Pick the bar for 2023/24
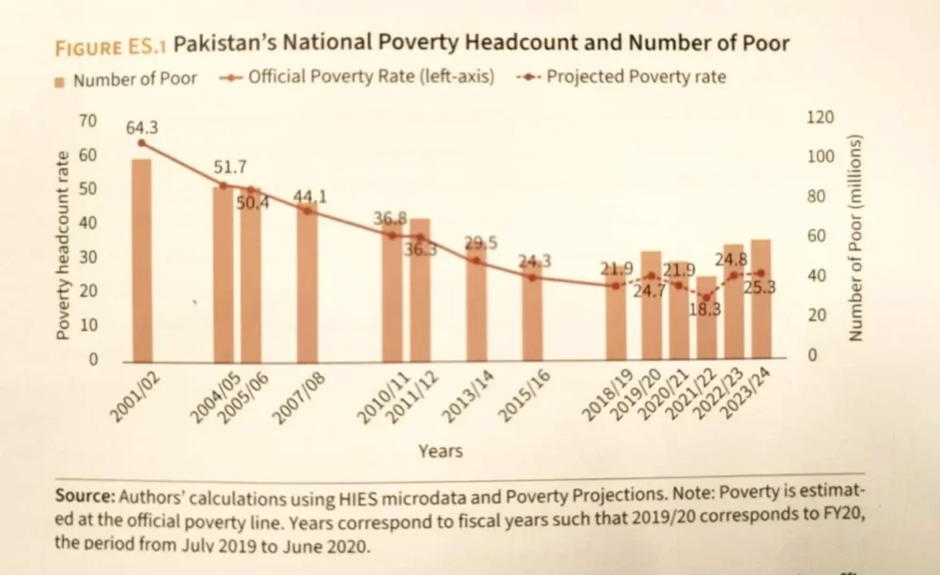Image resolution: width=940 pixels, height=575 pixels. tap(760, 301)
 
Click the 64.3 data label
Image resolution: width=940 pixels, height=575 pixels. tap(142, 126)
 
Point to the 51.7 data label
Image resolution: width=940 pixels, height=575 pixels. tap(229, 168)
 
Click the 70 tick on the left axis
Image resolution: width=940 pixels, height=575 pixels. tap(86, 120)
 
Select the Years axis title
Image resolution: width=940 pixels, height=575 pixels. tap(440, 451)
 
